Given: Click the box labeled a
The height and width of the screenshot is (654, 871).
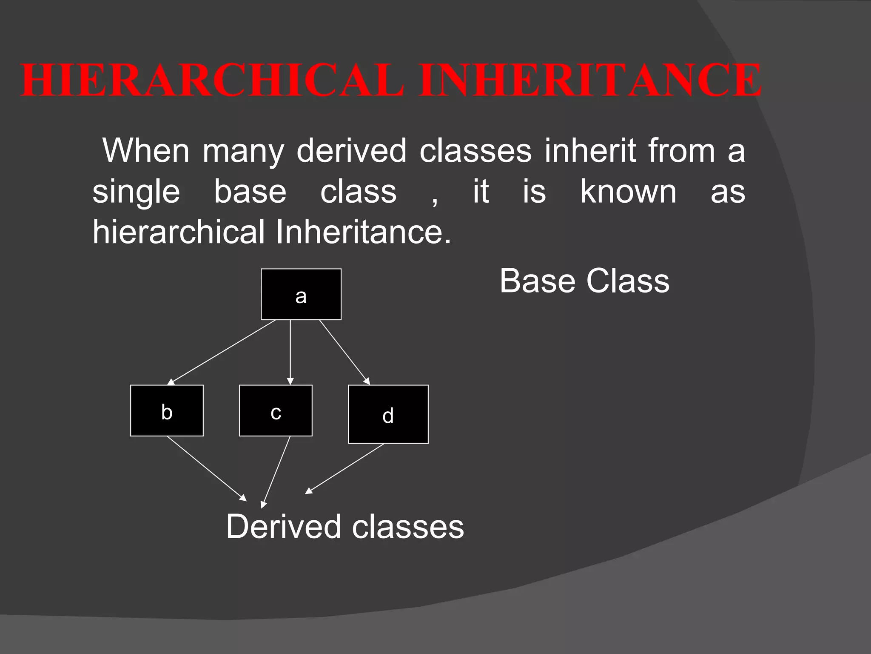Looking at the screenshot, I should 301,294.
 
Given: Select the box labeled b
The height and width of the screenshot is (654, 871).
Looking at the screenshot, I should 167,410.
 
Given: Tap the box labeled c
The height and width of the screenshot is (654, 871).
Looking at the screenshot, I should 276,410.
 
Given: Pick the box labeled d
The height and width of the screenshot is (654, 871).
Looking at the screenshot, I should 388,414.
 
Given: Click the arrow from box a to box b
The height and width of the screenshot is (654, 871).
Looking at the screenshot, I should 223,352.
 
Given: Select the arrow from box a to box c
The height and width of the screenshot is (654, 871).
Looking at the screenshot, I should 290,352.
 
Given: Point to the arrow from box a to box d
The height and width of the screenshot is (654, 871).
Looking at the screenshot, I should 344,352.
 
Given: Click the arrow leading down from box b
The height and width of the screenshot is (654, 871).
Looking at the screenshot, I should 206,468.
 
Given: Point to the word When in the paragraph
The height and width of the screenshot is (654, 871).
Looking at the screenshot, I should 146,150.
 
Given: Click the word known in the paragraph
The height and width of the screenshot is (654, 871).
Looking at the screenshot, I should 628,191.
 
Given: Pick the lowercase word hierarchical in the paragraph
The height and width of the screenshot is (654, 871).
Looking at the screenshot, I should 179,232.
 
